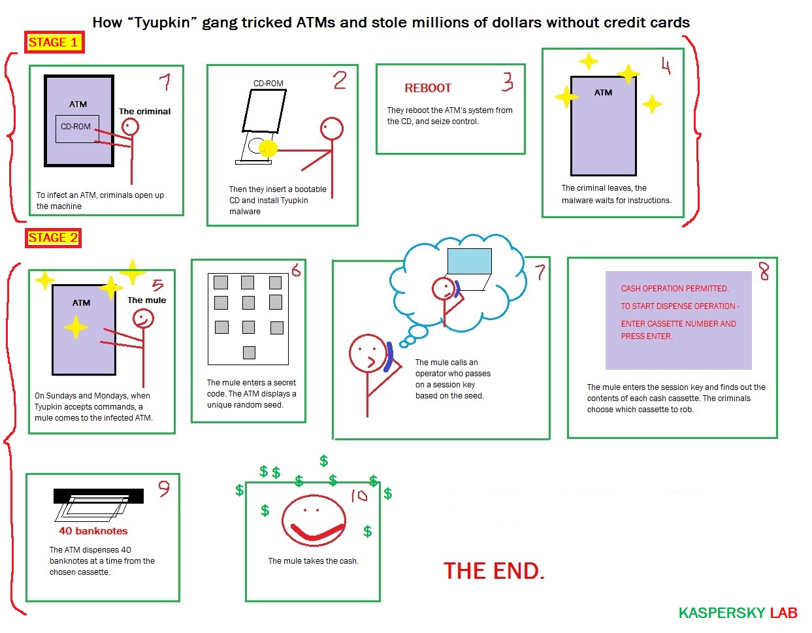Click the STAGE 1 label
[54, 42]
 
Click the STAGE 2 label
[53, 238]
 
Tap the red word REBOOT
[428, 88]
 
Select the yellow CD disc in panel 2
[268, 149]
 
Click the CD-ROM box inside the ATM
[77, 129]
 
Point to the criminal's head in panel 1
[130, 127]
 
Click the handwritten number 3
[508, 82]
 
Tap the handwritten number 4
[666, 66]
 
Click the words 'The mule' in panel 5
[146, 300]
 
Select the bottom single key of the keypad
[249, 352]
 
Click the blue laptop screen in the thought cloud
[469, 261]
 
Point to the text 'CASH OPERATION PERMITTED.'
[675, 289]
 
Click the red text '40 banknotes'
[93, 530]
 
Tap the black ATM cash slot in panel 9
[98, 496]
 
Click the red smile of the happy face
[317, 532]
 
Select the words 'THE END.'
[494, 571]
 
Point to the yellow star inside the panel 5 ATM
[76, 327]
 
